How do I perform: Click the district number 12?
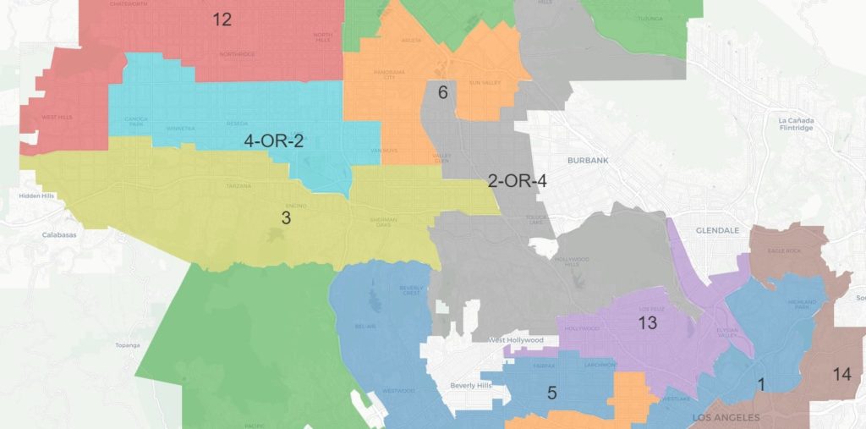[x=222, y=19]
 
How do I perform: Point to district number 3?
[x=286, y=218]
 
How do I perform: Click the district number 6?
[x=441, y=92]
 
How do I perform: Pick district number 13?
[x=647, y=322]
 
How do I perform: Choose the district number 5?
[x=551, y=393]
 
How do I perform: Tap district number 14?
[x=841, y=374]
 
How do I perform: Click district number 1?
[x=760, y=384]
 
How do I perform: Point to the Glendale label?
[x=717, y=230]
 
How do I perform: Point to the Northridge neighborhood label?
[x=237, y=54]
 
